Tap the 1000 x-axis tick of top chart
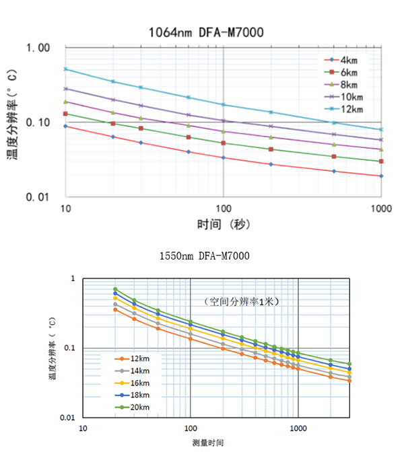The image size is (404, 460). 381,208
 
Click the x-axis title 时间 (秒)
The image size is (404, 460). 224,225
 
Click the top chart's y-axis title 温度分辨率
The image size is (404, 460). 13,121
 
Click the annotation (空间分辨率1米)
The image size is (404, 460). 242,301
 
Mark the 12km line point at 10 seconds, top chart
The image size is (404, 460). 65,69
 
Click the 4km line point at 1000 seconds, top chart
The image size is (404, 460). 381,176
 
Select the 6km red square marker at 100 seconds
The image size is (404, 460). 224,143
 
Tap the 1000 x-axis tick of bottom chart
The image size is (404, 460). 298,428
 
